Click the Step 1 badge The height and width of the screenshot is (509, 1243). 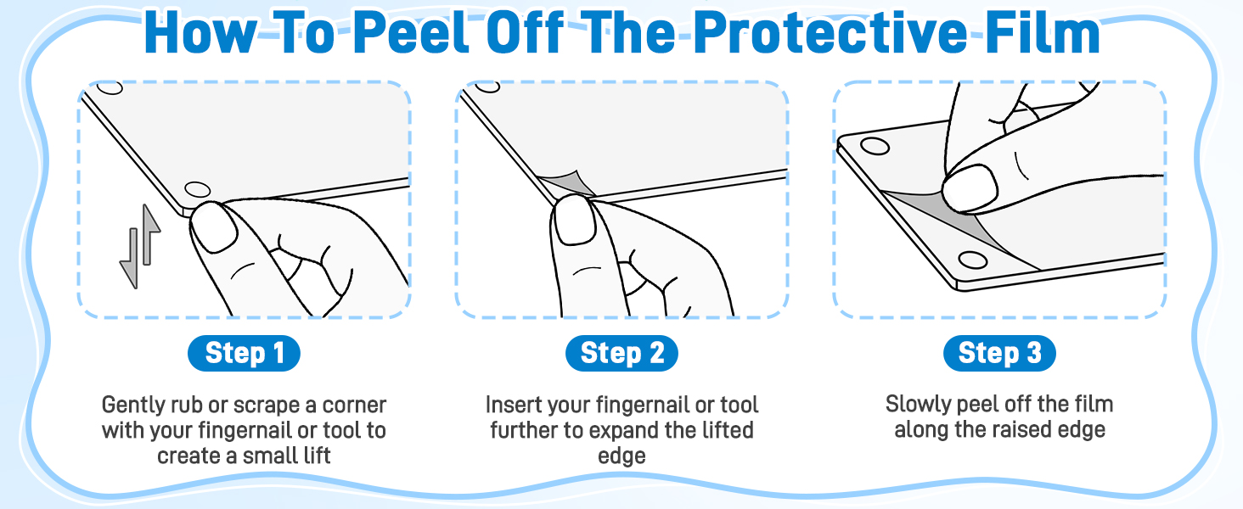(x=245, y=353)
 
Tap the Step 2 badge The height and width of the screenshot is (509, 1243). (x=621, y=353)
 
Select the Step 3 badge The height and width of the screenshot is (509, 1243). (x=999, y=353)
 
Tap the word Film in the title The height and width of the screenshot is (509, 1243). (x=1043, y=32)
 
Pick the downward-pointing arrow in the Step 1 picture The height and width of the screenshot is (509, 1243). (x=129, y=259)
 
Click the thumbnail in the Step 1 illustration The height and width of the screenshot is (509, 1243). (x=214, y=227)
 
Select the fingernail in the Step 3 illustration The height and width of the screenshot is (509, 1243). (x=970, y=188)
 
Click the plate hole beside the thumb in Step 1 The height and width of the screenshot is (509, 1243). (x=197, y=190)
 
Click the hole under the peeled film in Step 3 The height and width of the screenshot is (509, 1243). (x=972, y=260)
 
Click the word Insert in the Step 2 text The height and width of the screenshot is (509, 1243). (x=514, y=405)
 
